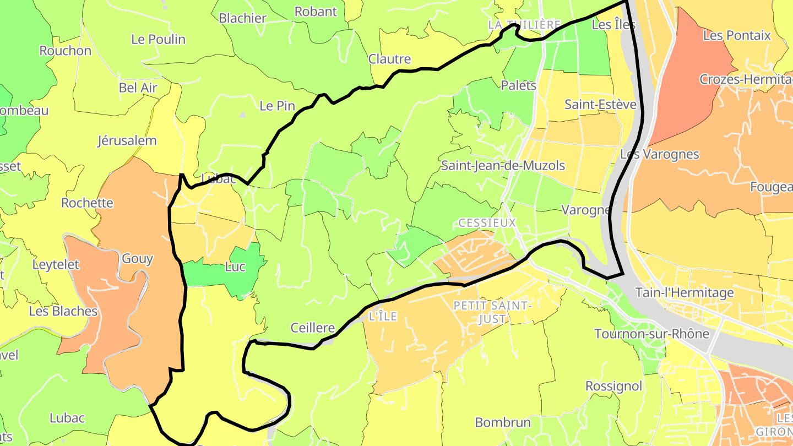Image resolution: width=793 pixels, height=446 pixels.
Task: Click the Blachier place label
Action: tap(242, 18)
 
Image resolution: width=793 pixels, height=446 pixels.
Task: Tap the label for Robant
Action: tap(316, 11)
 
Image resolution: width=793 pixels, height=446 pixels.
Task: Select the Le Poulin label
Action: tap(158, 39)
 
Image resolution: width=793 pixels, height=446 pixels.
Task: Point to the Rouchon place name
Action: tap(65, 51)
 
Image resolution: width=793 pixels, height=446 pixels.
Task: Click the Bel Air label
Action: tap(138, 88)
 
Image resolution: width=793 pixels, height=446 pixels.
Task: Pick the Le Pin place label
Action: tap(277, 106)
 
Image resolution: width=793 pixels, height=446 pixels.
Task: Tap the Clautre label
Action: tap(389, 59)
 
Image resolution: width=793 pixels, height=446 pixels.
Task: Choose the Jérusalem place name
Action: tap(127, 140)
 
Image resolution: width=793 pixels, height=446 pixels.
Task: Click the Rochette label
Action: tap(87, 203)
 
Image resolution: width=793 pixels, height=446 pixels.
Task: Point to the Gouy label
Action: tap(137, 259)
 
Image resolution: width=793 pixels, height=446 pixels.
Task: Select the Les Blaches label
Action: tap(63, 311)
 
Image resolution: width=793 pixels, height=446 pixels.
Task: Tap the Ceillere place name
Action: tap(312, 328)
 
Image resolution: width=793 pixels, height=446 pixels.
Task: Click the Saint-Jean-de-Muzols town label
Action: tap(503, 165)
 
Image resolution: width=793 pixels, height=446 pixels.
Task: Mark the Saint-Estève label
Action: tap(600, 105)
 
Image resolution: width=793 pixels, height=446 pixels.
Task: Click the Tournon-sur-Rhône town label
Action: tap(651, 334)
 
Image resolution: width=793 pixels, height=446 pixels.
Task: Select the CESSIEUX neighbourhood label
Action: tap(487, 222)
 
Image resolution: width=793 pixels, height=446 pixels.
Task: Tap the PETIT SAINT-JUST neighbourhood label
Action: tap(493, 312)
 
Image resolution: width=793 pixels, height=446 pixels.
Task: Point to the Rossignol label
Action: tap(613, 386)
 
